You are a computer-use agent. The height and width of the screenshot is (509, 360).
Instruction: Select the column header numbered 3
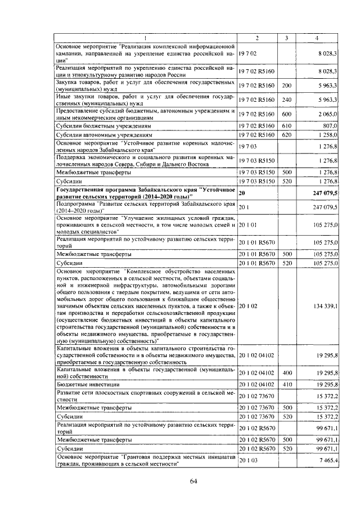click(286, 38)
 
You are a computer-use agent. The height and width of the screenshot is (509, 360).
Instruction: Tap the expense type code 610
click(286, 126)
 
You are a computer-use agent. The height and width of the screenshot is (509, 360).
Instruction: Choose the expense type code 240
click(286, 100)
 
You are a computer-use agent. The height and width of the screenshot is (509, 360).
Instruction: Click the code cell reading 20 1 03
click(248, 460)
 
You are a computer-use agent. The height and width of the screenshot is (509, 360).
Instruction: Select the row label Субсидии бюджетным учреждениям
click(95, 126)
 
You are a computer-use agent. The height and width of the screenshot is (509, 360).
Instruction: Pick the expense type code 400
click(286, 373)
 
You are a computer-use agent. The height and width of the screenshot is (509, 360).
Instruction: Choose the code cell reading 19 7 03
click(248, 148)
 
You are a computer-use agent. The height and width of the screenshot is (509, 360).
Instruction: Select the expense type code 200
click(286, 85)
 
